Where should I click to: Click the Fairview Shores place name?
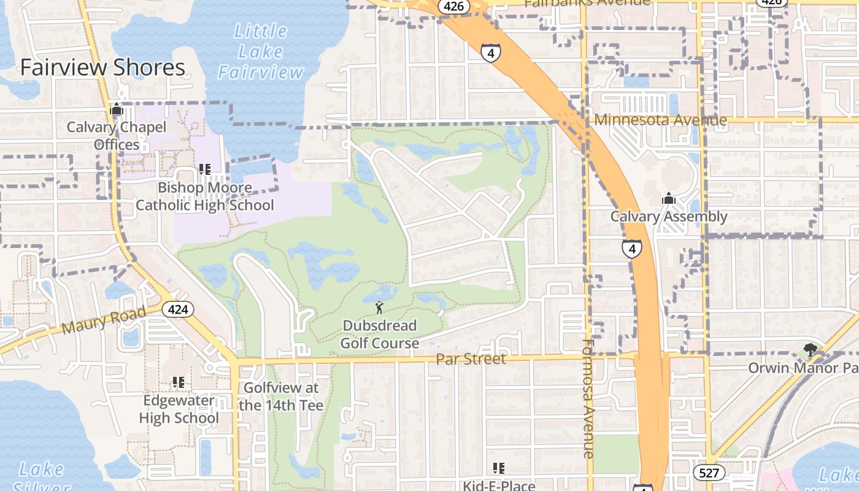(102, 68)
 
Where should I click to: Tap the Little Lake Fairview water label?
(260, 52)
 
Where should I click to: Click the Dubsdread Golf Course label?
(379, 334)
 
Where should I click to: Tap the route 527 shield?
(709, 472)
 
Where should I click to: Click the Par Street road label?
(471, 359)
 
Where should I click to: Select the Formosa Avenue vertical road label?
(588, 399)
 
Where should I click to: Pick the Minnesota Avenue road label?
(660, 120)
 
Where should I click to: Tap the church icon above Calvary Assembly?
(668, 199)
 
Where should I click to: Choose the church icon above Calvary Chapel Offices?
(117, 110)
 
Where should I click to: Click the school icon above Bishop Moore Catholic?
(205, 169)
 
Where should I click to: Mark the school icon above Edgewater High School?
(179, 382)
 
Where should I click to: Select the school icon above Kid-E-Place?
(499, 468)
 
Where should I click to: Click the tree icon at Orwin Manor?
(810, 350)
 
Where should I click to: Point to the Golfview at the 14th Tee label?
(281, 396)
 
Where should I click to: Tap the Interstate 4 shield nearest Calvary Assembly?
(631, 249)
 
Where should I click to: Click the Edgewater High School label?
(179, 409)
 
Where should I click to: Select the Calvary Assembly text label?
(668, 217)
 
